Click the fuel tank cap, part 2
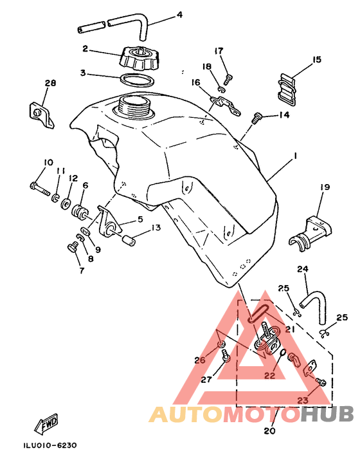coord(139,59)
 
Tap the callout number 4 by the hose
coord(180,14)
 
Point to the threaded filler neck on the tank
coord(134,106)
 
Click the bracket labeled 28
coord(41,115)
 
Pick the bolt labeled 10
coord(40,189)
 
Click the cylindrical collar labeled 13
coord(129,241)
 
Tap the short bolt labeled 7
coord(73,249)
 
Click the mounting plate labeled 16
coord(225,106)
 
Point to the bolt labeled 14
coord(256,118)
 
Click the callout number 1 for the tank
coord(295,156)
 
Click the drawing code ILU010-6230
coord(50,445)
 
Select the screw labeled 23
coord(321,382)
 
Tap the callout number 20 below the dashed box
coord(269,431)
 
